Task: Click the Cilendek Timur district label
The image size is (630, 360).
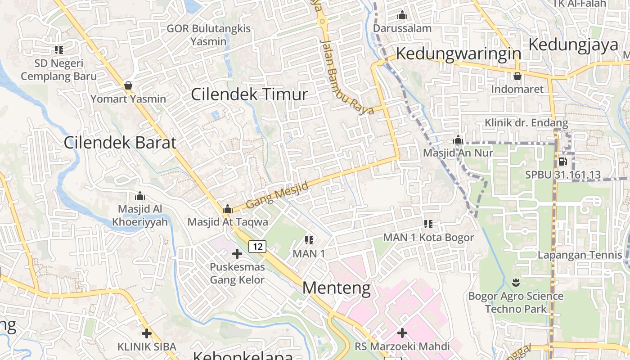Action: pyautogui.click(x=249, y=94)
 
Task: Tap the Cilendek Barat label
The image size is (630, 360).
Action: pyautogui.click(x=120, y=143)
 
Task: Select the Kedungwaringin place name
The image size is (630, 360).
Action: pyautogui.click(x=458, y=54)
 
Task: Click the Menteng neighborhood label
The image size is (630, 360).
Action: pyautogui.click(x=337, y=288)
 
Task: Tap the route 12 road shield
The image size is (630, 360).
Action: pyautogui.click(x=257, y=246)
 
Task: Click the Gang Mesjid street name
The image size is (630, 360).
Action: pyautogui.click(x=277, y=195)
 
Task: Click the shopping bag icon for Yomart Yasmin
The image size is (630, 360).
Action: pyautogui.click(x=128, y=85)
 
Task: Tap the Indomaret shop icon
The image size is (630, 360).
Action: pyautogui.click(x=517, y=76)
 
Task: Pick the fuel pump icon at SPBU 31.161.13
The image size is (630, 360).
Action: pyautogui.click(x=562, y=162)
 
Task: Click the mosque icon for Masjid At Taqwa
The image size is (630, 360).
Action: pyautogui.click(x=227, y=209)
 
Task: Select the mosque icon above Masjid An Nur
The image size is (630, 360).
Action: pyautogui.click(x=458, y=140)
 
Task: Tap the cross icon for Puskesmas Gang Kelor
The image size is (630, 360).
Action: pyautogui.click(x=237, y=254)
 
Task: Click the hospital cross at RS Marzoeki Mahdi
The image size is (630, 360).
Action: pyautogui.click(x=402, y=333)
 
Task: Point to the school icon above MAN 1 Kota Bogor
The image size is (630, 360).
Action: pyautogui.click(x=428, y=224)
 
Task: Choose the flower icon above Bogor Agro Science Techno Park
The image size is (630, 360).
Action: pyautogui.click(x=516, y=283)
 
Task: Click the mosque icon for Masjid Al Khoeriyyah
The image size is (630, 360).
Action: pyautogui.click(x=140, y=196)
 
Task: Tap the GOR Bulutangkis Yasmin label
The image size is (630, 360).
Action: pyautogui.click(x=208, y=35)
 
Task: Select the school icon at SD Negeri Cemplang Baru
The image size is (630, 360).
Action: pyautogui.click(x=58, y=49)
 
